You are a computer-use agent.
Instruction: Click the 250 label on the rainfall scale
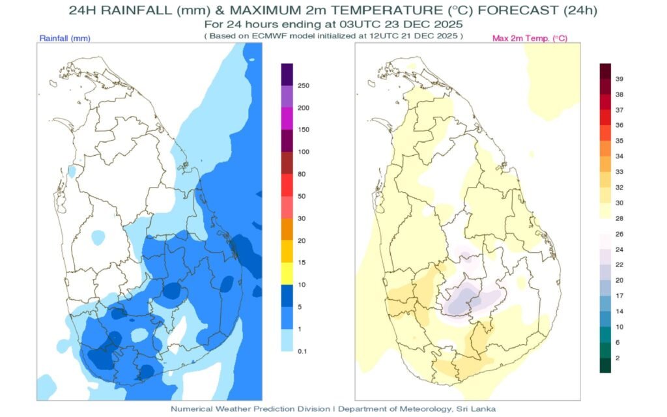[304, 86]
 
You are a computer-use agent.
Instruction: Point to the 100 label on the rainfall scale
[304, 152]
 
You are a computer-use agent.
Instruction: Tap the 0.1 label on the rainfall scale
[302, 351]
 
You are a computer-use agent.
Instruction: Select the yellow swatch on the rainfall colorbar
[287, 274]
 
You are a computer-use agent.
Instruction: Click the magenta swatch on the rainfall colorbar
[287, 119]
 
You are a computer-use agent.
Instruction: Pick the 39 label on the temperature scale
[619, 79]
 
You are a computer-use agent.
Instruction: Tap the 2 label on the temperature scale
[617, 358]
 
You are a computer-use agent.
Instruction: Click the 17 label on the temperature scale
[619, 295]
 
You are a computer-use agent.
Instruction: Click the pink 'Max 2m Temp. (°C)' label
[530, 38]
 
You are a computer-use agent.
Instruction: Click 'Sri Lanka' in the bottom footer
[481, 409]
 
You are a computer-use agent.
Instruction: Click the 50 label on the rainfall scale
[302, 196]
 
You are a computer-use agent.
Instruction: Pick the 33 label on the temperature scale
[619, 172]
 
